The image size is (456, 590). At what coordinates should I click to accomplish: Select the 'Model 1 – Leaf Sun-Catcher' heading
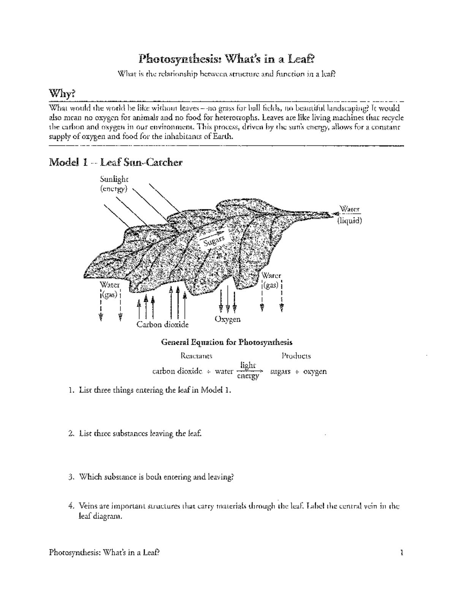pyautogui.click(x=116, y=163)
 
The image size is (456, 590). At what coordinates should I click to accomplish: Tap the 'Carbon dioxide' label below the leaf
pyautogui.click(x=162, y=324)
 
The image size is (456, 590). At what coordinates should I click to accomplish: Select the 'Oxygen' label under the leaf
pyautogui.click(x=227, y=319)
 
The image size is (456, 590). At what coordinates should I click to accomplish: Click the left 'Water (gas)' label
pyautogui.click(x=110, y=289)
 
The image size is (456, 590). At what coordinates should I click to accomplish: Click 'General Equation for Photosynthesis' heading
pyautogui.click(x=227, y=342)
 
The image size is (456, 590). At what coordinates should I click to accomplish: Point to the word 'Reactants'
pyautogui.click(x=196, y=356)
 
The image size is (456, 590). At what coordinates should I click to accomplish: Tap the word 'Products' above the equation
pyautogui.click(x=296, y=356)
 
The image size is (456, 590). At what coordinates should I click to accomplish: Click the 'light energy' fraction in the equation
pyautogui.click(x=248, y=371)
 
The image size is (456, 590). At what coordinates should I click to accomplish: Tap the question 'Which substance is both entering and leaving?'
pyautogui.click(x=156, y=477)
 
